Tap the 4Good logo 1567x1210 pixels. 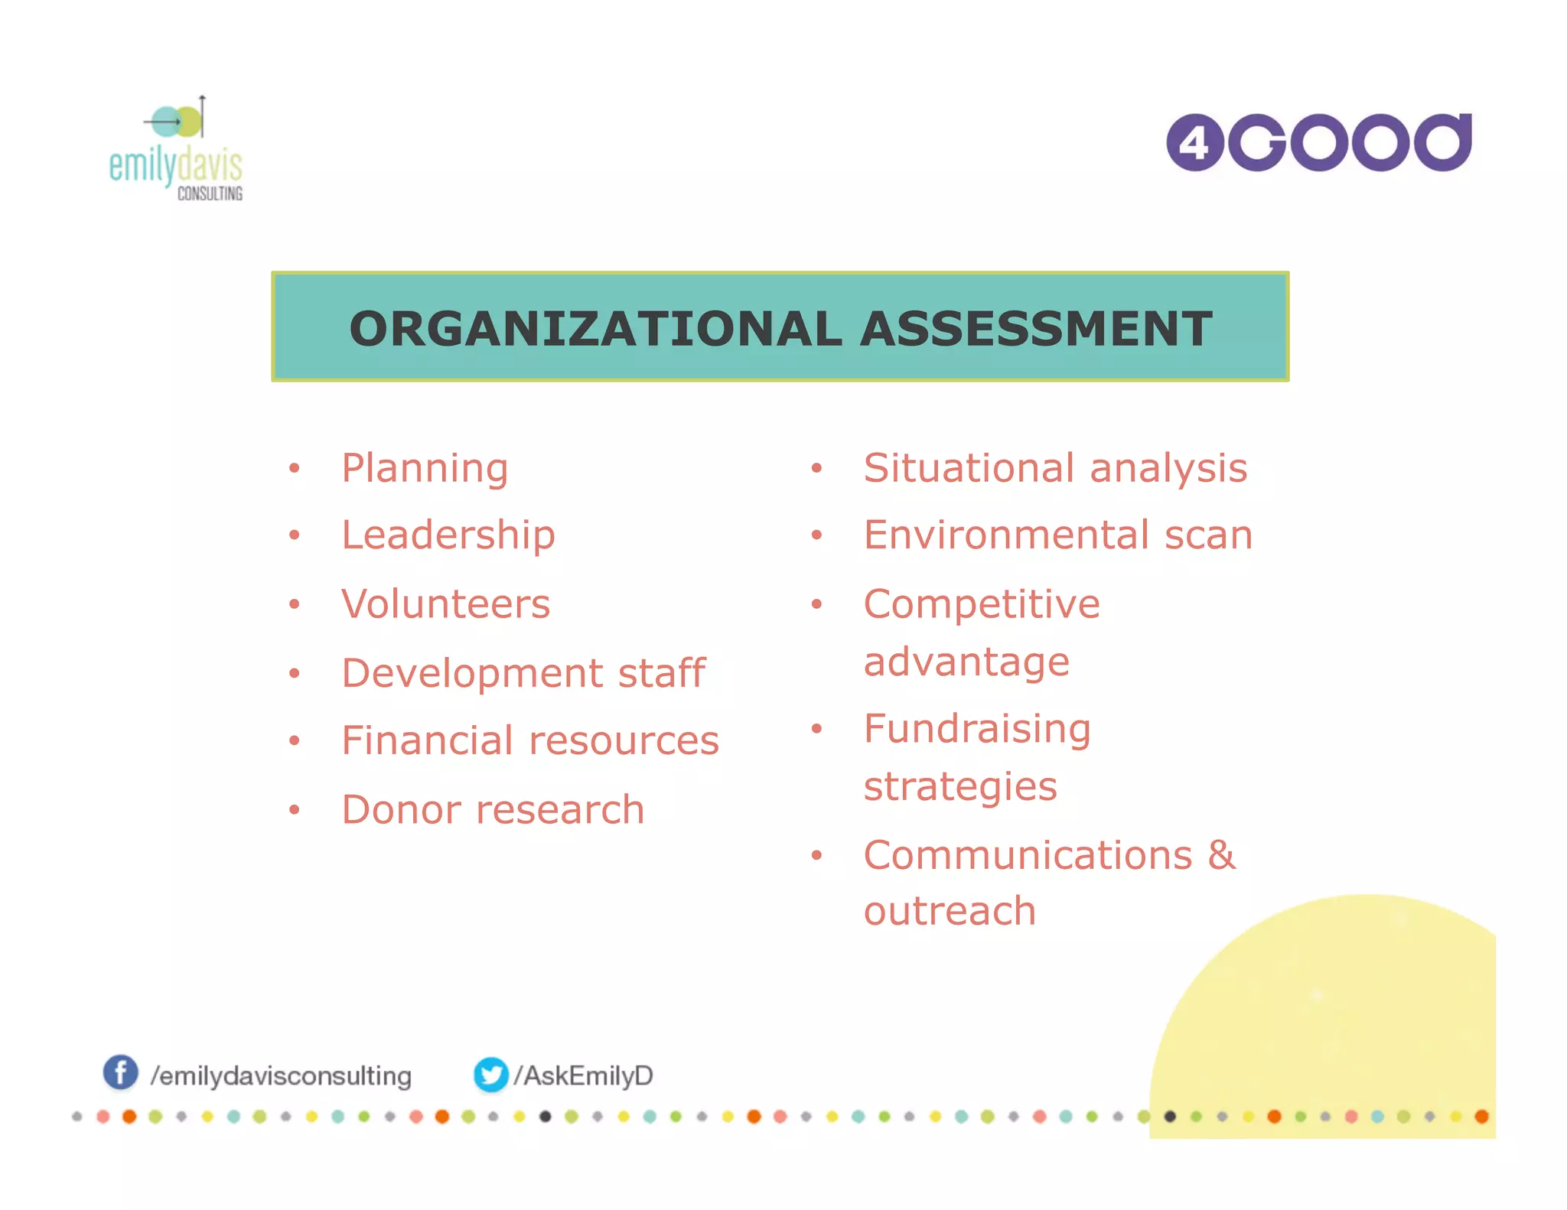[x=1318, y=142]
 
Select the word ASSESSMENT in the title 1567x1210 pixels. [x=1036, y=329]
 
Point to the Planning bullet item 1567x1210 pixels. [x=425, y=468]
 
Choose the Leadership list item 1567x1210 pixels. [x=448, y=535]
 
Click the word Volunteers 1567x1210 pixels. [x=445, y=604]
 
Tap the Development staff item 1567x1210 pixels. [x=523, y=673]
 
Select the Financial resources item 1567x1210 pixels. [x=529, y=740]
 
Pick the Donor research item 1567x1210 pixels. [x=493, y=809]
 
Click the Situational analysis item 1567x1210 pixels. [x=1055, y=468]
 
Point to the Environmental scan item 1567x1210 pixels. [x=1058, y=535]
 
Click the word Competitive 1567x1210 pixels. [x=982, y=604]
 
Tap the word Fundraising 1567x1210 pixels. [x=977, y=728]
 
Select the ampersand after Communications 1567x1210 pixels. [x=1222, y=855]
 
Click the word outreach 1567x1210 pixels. [x=950, y=911]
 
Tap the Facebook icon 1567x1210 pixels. [x=121, y=1072]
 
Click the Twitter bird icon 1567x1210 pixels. [x=490, y=1075]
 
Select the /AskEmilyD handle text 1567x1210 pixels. [x=583, y=1075]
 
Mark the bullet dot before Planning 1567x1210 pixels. [x=295, y=468]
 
